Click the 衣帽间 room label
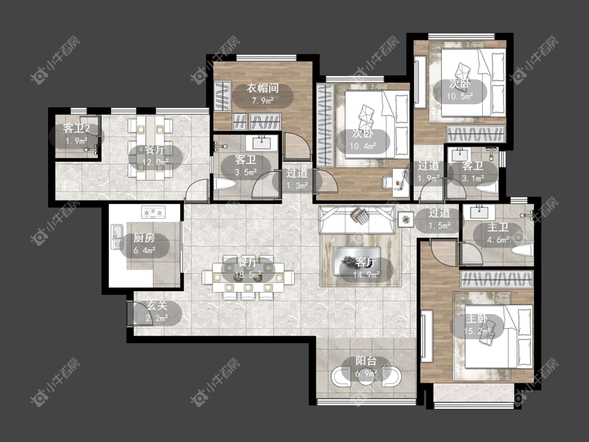click(x=262, y=89)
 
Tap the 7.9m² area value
click(x=262, y=101)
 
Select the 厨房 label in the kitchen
click(x=145, y=238)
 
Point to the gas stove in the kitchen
click(x=153, y=212)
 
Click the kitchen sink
click(x=117, y=237)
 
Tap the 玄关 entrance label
click(x=157, y=305)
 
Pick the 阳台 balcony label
click(x=366, y=361)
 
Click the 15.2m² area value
click(x=477, y=331)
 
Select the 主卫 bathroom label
click(x=498, y=227)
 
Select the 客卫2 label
click(x=76, y=128)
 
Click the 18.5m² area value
click(x=248, y=275)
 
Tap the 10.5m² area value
click(x=460, y=96)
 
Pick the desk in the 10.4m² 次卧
click(x=401, y=182)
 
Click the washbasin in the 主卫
click(x=479, y=212)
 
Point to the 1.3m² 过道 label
click(x=297, y=173)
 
